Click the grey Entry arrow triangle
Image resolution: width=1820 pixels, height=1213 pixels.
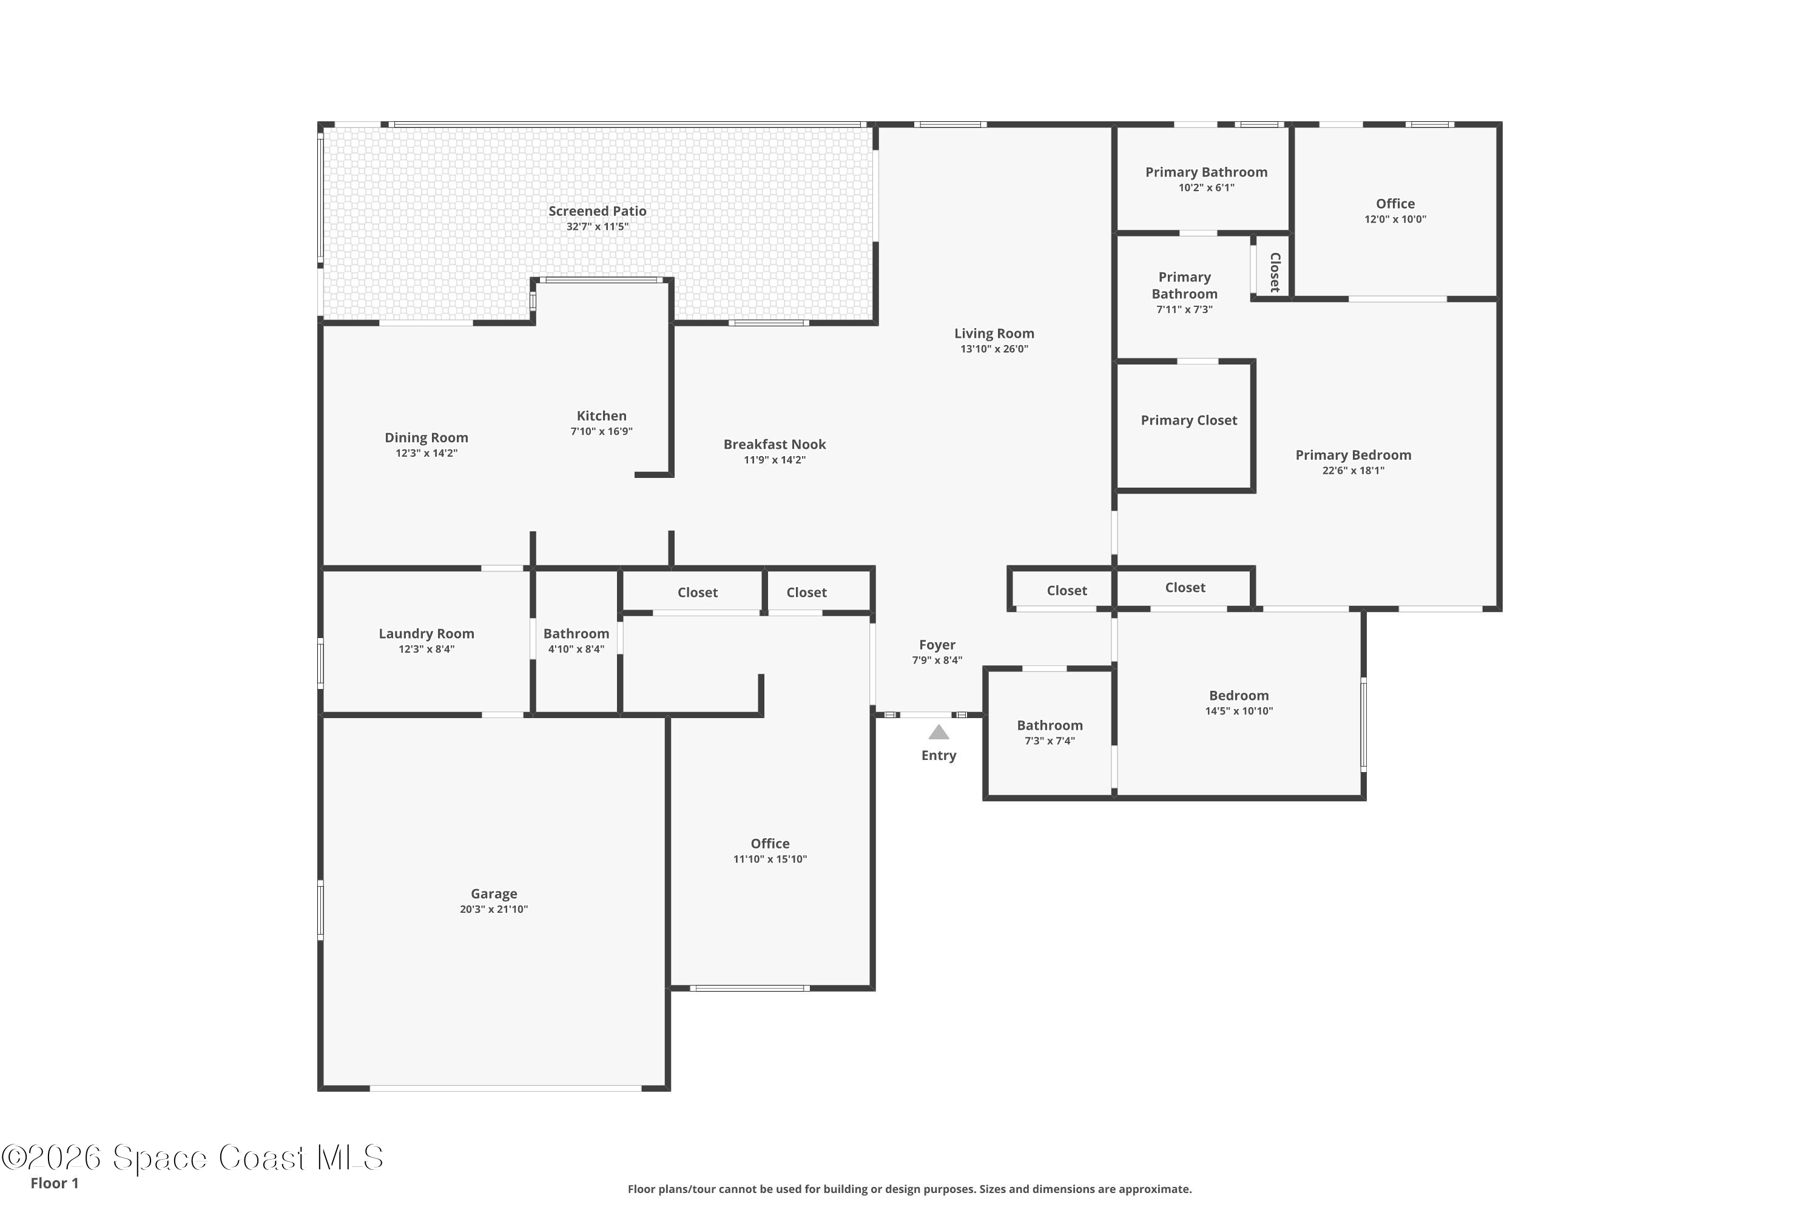pos(939,732)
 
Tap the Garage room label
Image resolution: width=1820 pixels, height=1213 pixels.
pos(494,893)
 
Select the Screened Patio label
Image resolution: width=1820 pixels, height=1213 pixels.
pos(598,210)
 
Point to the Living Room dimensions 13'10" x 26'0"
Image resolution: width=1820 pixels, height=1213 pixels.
pos(994,349)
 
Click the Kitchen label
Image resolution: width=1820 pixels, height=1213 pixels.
pos(601,415)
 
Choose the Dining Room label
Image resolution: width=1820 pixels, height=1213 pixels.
pos(426,438)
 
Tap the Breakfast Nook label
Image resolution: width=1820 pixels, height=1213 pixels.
pos(775,444)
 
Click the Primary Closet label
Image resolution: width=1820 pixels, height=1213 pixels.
pos(1188,420)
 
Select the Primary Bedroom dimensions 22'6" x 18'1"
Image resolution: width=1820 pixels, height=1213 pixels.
pos(1353,471)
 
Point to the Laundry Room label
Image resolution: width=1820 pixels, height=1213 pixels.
pos(426,634)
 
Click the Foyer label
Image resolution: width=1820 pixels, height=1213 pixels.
pos(937,644)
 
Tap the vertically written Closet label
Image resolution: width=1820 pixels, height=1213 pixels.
pos(1275,272)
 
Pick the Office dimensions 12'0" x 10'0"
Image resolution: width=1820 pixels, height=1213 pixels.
pos(1395,219)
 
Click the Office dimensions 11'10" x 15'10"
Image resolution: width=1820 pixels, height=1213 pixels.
pos(770,859)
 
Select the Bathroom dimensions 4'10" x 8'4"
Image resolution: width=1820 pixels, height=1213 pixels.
pos(576,649)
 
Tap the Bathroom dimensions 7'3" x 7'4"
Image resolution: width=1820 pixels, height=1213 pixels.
pos(1050,741)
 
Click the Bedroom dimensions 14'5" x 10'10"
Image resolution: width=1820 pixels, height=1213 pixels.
pos(1239,711)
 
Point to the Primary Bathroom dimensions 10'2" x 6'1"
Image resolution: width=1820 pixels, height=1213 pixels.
pos(1207,187)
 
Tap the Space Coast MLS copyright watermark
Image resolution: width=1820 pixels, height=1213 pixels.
pos(192,1157)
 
